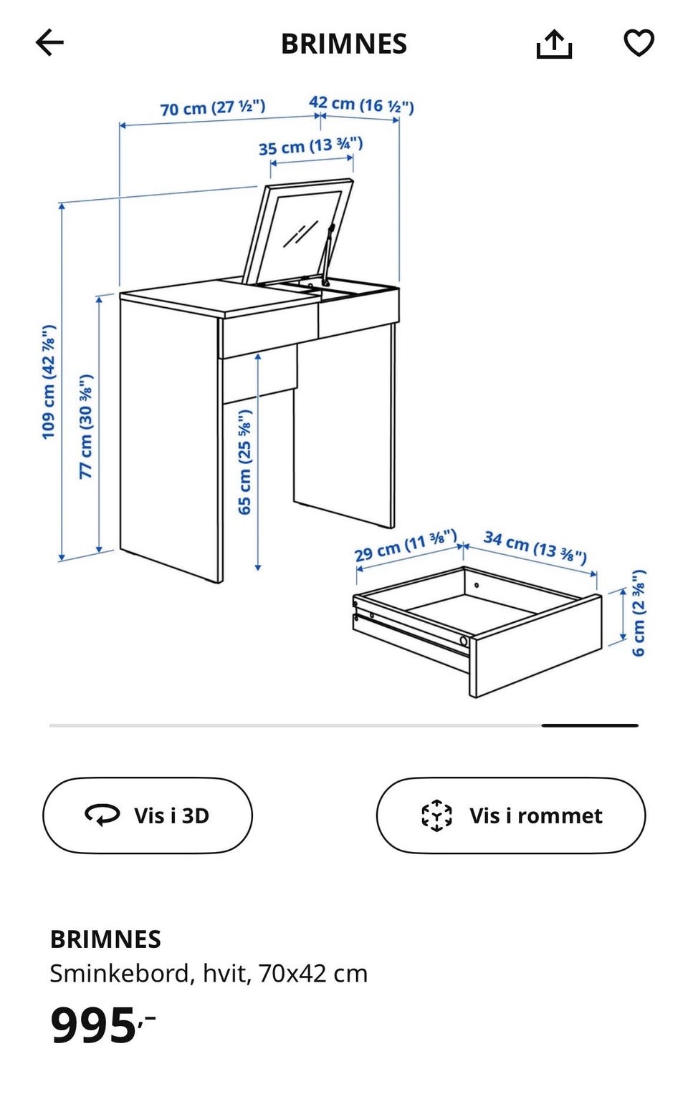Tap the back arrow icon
pos(49,43)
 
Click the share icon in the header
pos(554,44)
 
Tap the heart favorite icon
pos(639,43)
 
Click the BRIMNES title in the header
pos(344,44)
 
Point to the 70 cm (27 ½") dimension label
pos(213,107)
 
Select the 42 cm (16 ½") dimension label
pos(361,105)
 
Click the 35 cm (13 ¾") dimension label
pos(311,146)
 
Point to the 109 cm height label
pos(49,382)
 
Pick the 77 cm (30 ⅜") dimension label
pos(86,426)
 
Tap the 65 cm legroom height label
pos(244,463)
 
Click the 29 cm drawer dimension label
pos(406,545)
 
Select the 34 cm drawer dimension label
pos(535,546)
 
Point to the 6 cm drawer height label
pos(638,613)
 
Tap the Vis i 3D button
pos(148,815)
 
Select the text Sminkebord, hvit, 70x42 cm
pos(209,974)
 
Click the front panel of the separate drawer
pos(536,645)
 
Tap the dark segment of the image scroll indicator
pos(590,725)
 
